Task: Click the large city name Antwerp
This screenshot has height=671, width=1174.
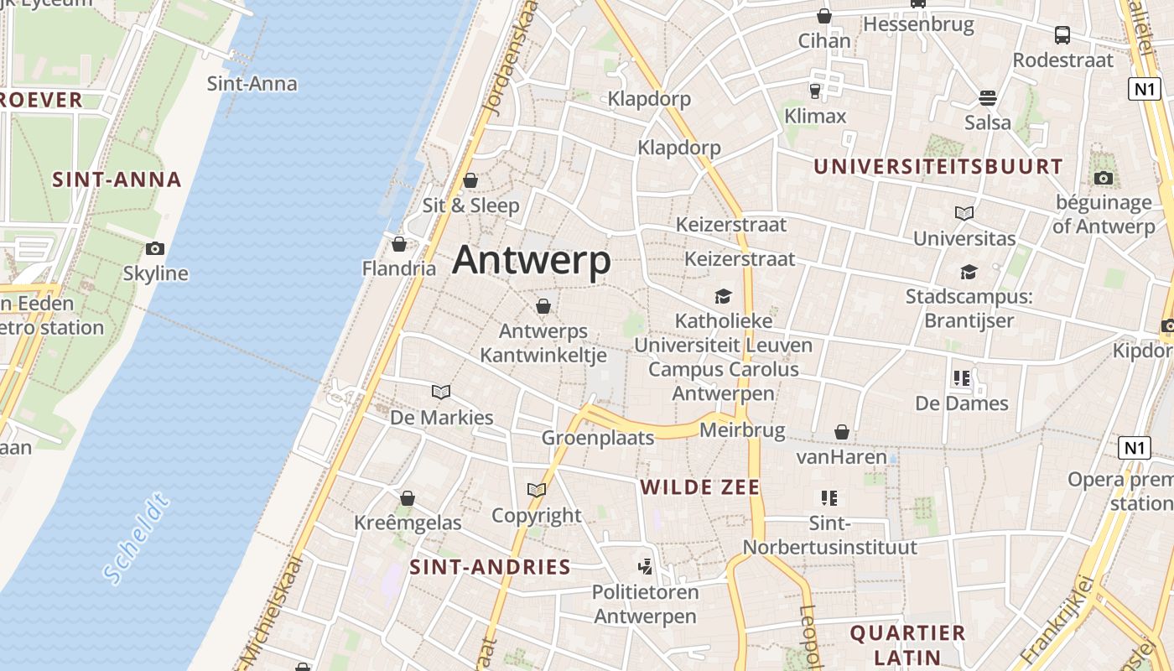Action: click(x=532, y=260)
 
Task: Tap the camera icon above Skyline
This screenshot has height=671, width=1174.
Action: click(x=155, y=248)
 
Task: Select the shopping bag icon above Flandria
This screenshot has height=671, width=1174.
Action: click(x=399, y=244)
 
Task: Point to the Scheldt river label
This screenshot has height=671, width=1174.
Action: click(x=138, y=539)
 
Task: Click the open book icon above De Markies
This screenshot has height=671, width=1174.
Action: click(x=441, y=392)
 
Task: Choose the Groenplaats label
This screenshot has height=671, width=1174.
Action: click(x=598, y=438)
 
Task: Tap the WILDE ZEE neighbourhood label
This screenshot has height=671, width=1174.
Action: click(x=700, y=487)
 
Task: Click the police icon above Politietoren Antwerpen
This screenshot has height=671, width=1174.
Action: click(x=645, y=566)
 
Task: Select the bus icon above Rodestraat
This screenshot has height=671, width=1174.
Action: click(x=1062, y=35)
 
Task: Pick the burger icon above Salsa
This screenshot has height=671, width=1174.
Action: click(x=988, y=98)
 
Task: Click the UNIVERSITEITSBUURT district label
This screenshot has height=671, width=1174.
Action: click(x=938, y=166)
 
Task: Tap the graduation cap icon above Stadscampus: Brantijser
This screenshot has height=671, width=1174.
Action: click(x=969, y=272)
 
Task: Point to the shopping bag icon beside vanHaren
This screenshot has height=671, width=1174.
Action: click(x=842, y=432)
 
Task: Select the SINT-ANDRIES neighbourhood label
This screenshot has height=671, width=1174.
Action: click(x=490, y=567)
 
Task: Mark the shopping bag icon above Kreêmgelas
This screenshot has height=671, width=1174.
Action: click(x=408, y=498)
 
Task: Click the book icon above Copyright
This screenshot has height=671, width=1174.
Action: click(x=537, y=490)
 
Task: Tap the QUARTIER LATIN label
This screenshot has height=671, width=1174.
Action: click(x=908, y=644)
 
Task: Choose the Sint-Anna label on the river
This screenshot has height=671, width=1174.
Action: click(x=252, y=84)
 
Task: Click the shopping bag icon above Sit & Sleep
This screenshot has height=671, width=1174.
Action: click(x=470, y=180)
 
